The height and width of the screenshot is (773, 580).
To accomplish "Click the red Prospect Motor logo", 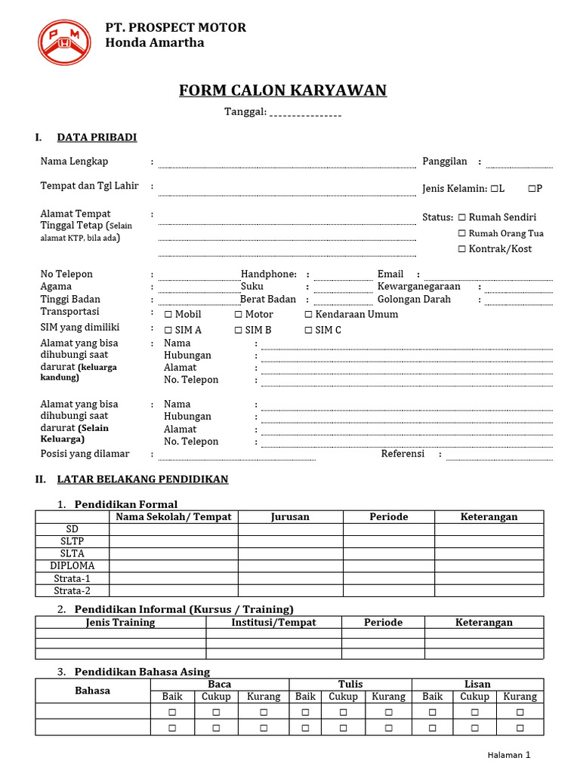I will (x=65, y=42).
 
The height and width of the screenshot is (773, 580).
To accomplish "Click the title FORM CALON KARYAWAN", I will (x=282, y=91).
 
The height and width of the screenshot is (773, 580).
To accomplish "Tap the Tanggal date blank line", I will (x=305, y=115).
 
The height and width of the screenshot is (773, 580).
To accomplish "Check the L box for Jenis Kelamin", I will (x=493, y=188).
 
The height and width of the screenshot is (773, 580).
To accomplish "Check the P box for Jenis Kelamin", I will (x=532, y=188).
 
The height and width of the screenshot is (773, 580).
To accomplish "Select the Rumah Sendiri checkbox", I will (x=461, y=217).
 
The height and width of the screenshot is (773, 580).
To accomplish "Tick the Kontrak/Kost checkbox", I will (x=461, y=249).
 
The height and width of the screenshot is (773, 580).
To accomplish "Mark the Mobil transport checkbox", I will (x=168, y=315).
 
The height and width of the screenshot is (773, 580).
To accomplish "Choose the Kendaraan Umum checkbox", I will (x=308, y=315).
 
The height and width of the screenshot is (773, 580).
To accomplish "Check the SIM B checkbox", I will (x=238, y=331).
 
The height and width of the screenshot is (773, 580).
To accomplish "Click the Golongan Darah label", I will (x=414, y=300).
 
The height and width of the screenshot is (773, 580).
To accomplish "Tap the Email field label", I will (x=390, y=274).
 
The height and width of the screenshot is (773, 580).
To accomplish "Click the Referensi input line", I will (x=499, y=458).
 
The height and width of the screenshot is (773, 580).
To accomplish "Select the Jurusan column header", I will (x=290, y=517).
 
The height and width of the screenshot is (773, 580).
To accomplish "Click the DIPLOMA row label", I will (x=72, y=565).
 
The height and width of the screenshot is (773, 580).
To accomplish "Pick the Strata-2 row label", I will (x=72, y=590).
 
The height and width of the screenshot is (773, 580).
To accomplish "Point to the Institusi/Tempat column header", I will (x=273, y=623).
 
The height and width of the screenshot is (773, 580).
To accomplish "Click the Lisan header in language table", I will (x=477, y=685).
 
